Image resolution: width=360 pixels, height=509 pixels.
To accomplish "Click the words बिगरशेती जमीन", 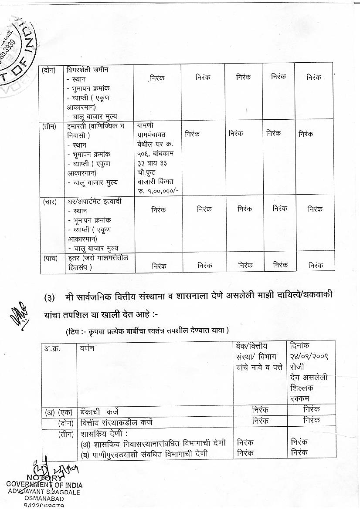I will coord(87,70).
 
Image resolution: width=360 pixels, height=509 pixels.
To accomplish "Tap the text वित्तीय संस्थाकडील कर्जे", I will coord(116,422).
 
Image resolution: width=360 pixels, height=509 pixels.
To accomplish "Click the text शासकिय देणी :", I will coord(104,434).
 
